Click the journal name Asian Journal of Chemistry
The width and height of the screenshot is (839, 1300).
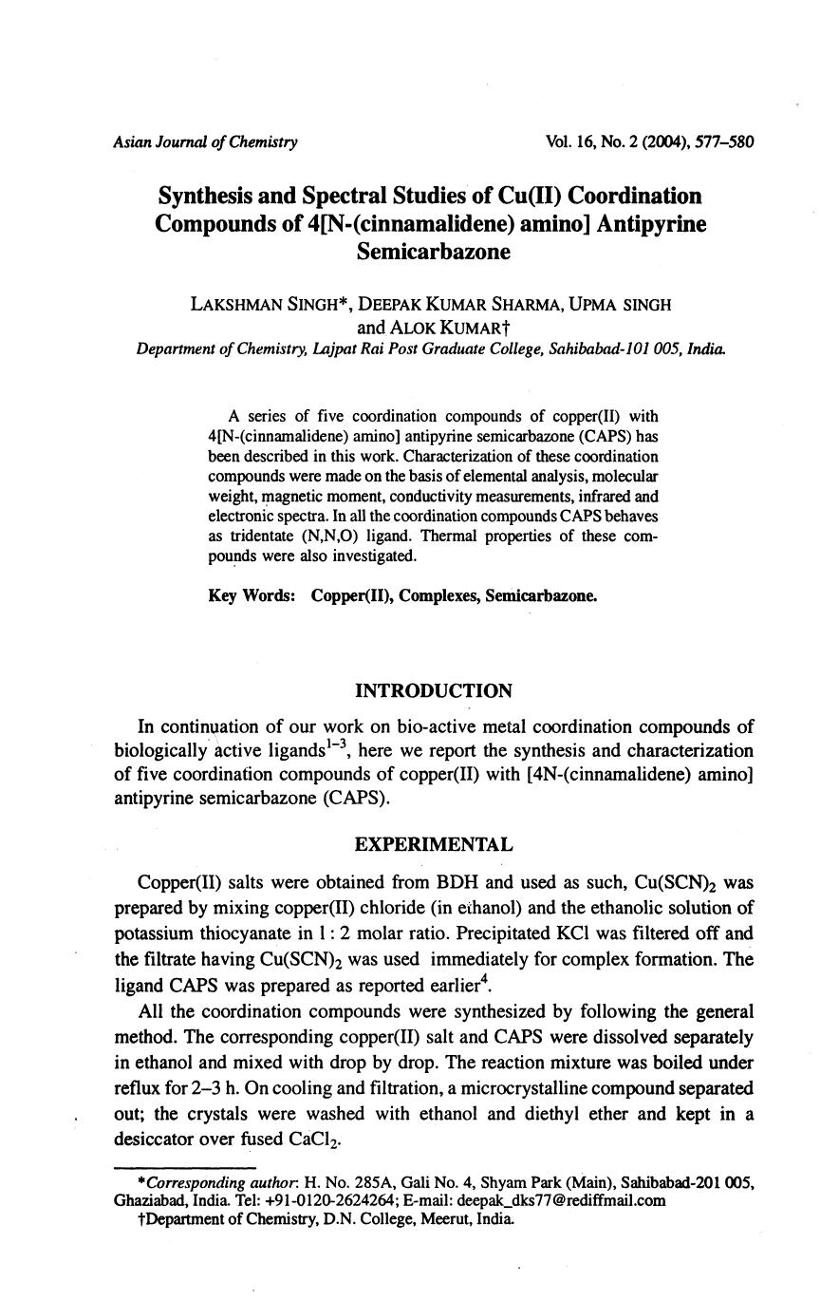coord(205,142)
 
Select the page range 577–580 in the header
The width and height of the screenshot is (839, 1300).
coord(723,142)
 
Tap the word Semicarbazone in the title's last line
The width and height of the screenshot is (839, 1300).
coord(433,252)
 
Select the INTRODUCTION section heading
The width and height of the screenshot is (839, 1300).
coord(433,690)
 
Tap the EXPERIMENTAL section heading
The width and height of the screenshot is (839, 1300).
coord(433,844)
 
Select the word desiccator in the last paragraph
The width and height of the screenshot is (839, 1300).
coord(156,1140)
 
